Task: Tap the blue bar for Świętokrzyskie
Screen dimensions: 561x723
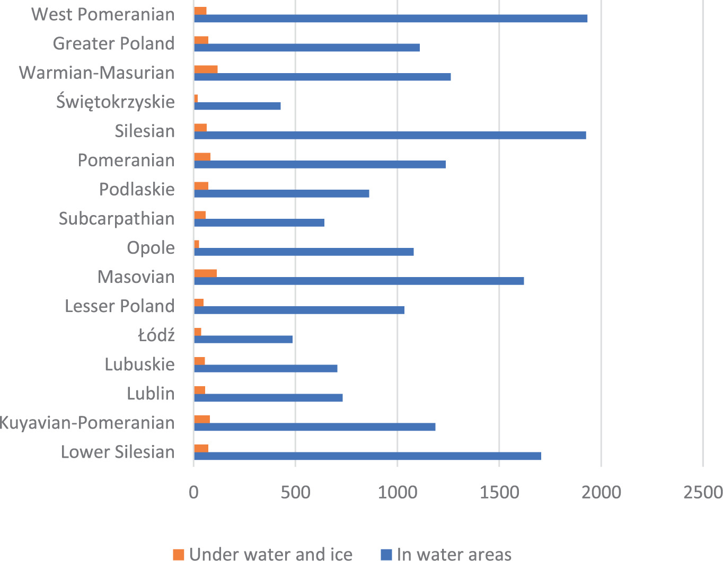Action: [237, 106]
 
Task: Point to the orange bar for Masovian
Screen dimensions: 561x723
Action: [205, 273]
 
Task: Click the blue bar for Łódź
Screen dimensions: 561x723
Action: [243, 340]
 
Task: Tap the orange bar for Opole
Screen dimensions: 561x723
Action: [197, 244]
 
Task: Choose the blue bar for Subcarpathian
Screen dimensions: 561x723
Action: [259, 222]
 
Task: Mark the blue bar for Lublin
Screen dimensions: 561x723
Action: [268, 398]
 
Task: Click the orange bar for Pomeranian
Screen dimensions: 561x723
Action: [202, 156]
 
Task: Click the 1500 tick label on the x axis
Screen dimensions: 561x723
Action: [499, 493]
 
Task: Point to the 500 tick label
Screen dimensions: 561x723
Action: [295, 493]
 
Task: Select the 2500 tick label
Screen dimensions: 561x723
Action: [703, 493]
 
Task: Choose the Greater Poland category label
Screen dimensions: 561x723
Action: [114, 43]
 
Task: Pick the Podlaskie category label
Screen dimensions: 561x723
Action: [137, 189]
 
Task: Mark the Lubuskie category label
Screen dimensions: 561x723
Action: [139, 364]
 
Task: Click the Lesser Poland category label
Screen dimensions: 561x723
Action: [120, 306]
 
